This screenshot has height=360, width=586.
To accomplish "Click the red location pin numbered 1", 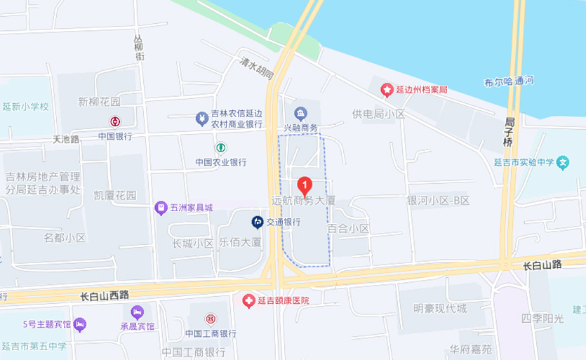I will (x=305, y=185).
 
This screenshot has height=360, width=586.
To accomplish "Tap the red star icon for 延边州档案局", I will (x=386, y=90).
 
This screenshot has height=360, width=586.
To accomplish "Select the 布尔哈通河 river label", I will (x=508, y=81).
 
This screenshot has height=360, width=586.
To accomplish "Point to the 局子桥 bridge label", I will (x=510, y=132).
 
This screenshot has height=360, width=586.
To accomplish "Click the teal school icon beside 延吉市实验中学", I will (x=563, y=163).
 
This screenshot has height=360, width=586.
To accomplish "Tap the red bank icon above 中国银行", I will (x=115, y=121).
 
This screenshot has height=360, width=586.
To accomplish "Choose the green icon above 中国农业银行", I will (x=220, y=147).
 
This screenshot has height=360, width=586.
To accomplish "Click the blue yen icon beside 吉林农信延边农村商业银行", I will (x=201, y=119).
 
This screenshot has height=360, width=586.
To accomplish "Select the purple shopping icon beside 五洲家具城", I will (x=161, y=208).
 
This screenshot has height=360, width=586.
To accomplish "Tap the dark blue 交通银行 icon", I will (x=258, y=222).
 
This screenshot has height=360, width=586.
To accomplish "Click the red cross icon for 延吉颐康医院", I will (x=248, y=300).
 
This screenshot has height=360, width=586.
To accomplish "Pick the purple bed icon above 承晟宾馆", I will (x=137, y=311).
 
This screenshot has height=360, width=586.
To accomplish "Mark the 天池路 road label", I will (x=67, y=139).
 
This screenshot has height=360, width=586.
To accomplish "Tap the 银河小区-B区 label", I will (x=439, y=201).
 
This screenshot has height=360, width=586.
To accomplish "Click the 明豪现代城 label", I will (x=439, y=308).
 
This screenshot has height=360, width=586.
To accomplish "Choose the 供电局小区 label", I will (x=379, y=114).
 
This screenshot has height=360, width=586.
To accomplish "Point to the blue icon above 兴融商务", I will (x=300, y=113).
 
